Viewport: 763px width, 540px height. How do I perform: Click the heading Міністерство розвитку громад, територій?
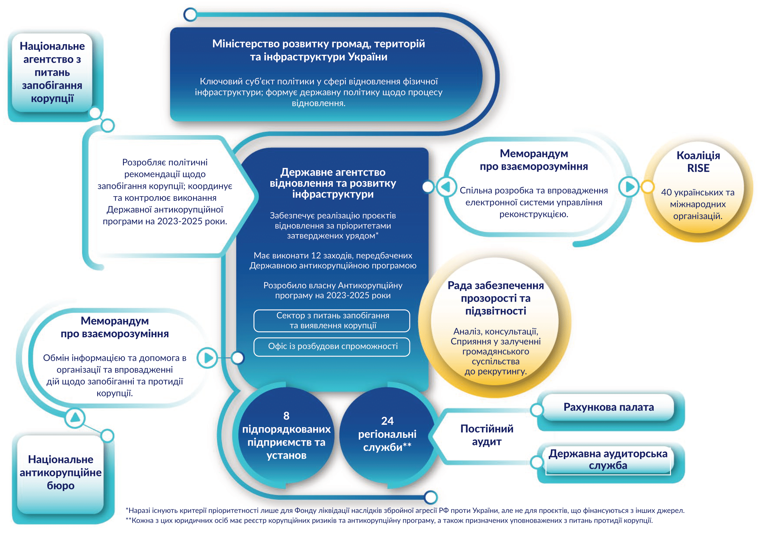318,44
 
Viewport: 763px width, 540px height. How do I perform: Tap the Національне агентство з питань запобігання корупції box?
52,72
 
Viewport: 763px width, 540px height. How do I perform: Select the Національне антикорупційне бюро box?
60,472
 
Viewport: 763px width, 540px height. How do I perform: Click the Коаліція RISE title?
698,162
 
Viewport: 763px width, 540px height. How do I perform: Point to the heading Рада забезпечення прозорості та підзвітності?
495,298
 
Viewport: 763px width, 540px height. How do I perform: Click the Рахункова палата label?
608,407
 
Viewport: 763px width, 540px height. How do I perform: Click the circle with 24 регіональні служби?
387,434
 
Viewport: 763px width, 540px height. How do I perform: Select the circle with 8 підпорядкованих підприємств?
286,435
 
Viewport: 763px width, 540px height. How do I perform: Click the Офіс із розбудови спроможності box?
332,346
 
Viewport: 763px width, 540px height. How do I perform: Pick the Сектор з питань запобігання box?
332,321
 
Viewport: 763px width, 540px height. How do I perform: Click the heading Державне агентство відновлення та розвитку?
333,183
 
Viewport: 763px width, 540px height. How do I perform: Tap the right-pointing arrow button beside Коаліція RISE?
629,187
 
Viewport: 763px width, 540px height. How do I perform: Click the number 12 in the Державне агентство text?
316,255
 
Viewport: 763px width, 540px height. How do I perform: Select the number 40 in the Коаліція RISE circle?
666,193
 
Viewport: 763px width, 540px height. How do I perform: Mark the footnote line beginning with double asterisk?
389,520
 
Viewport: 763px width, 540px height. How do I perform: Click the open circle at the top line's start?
190,15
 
